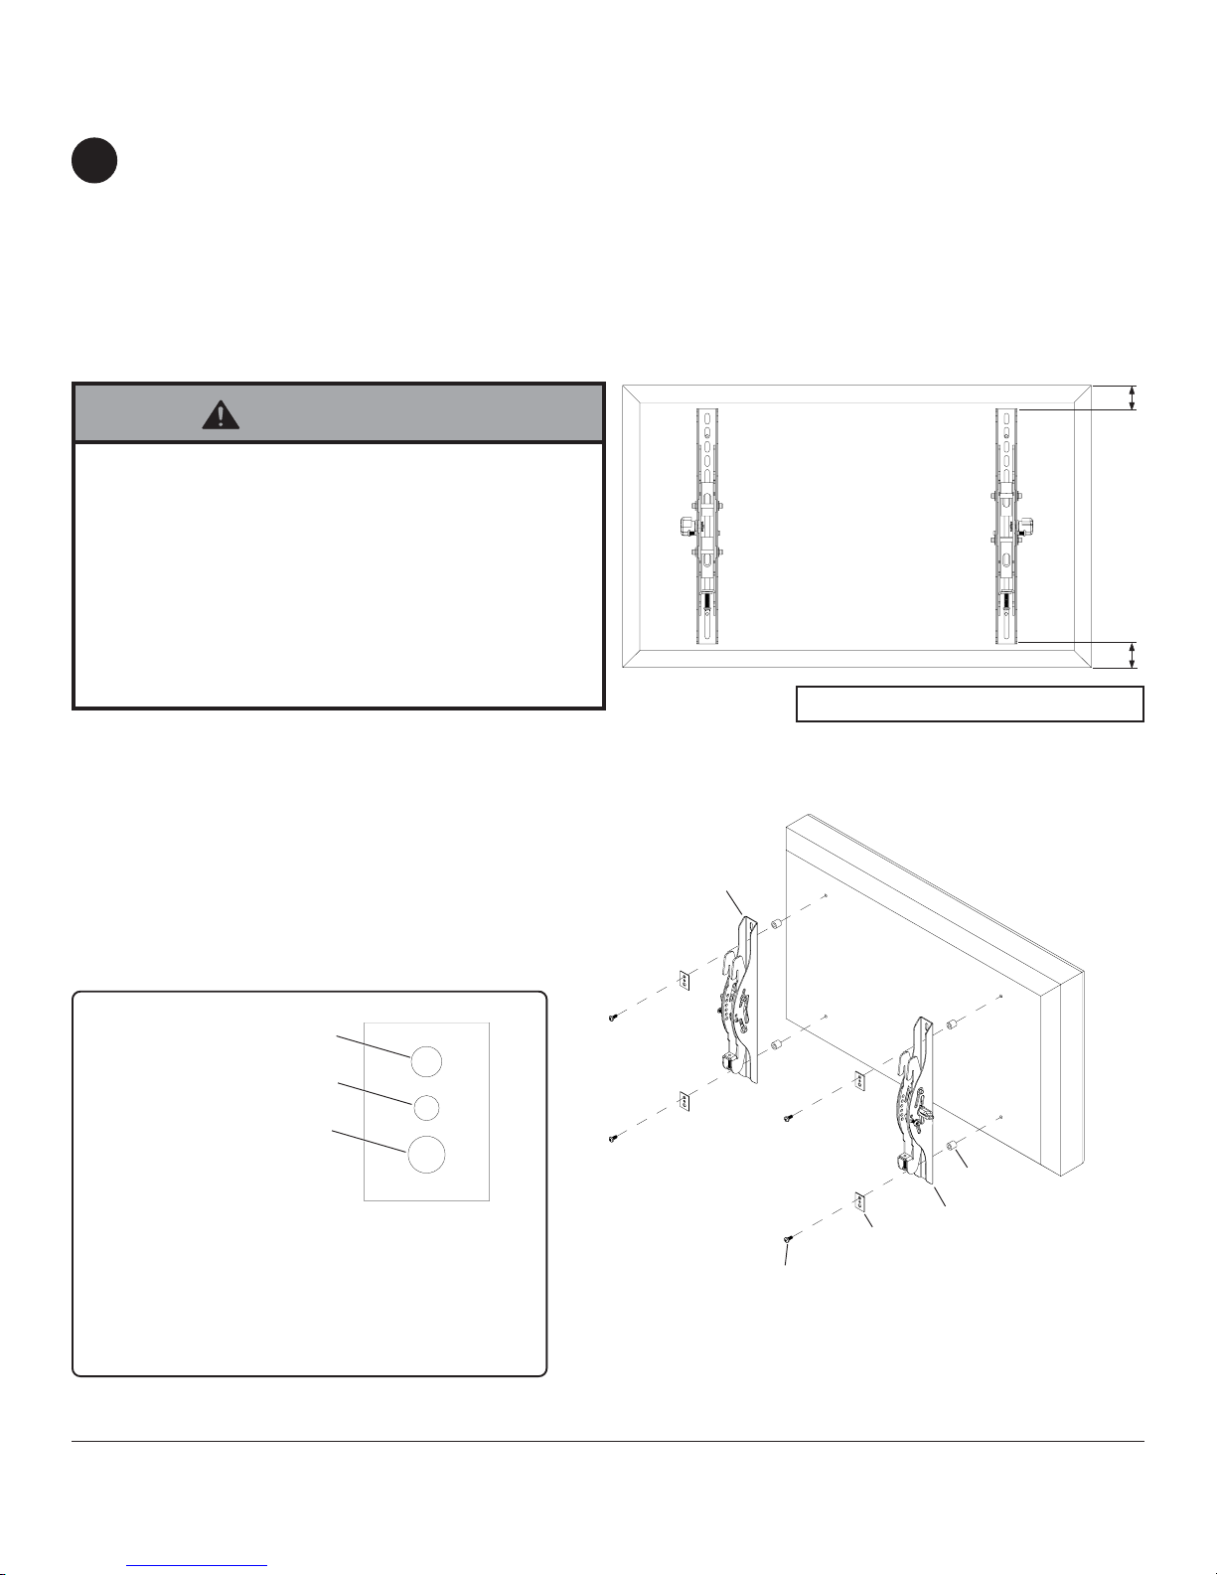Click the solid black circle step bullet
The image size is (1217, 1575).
click(x=94, y=161)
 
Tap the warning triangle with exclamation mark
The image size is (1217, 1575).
click(x=220, y=413)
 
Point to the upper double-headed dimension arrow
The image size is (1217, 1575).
click(x=1133, y=397)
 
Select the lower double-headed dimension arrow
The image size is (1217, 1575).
click(x=1133, y=656)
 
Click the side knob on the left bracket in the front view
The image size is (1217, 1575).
click(x=684, y=524)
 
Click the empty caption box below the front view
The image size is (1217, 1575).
click(x=970, y=704)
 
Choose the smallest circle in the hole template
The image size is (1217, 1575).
click(x=425, y=1106)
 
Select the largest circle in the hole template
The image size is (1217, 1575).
click(x=426, y=1155)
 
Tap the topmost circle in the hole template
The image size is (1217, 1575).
click(x=425, y=1061)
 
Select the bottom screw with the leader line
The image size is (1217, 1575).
click(x=789, y=1238)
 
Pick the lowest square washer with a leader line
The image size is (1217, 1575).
click(x=861, y=1202)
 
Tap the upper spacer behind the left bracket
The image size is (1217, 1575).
click(x=779, y=925)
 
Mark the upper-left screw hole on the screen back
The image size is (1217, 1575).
click(x=827, y=896)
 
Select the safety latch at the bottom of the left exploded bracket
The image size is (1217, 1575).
click(x=729, y=1062)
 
